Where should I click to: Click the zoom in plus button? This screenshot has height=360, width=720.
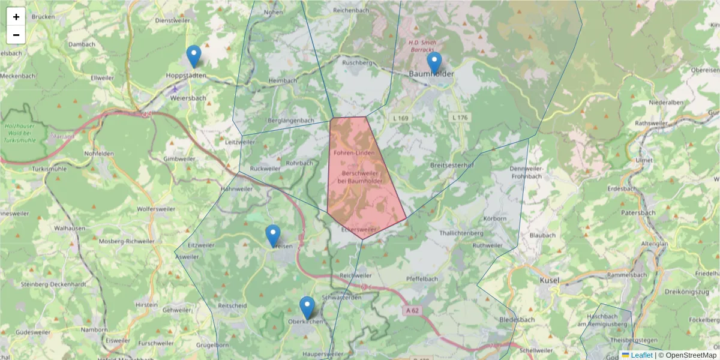point(16,17)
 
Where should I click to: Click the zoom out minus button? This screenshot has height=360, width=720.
point(16,35)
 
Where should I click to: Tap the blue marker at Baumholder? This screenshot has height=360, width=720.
point(434,63)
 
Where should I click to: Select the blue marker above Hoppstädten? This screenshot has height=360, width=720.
point(193,56)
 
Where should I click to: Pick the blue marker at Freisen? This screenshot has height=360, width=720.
point(273,236)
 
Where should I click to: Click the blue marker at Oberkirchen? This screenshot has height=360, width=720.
point(307,307)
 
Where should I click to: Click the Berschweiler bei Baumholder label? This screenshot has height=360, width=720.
point(359,176)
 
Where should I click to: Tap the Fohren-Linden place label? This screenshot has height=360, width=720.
point(354,153)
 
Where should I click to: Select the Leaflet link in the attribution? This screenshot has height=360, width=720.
point(641,355)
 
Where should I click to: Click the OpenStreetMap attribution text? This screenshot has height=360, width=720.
point(687,355)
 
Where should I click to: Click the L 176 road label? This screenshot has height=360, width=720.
point(459,117)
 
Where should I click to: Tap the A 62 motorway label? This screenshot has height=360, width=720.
point(411,310)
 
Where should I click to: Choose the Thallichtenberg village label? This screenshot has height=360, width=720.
point(461,233)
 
